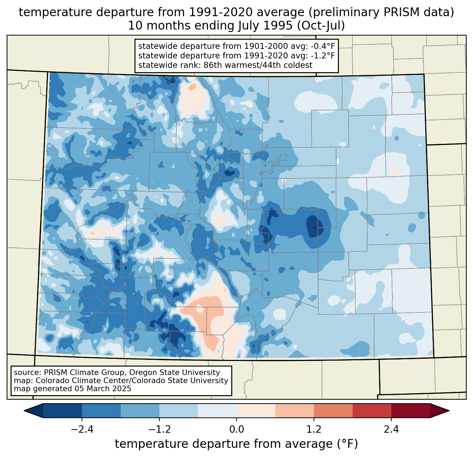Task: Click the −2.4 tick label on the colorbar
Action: point(82,430)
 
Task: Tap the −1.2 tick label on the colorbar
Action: point(159,430)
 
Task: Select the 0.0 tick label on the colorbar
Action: point(237,430)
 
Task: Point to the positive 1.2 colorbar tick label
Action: point(314,430)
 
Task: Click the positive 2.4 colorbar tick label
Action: point(391,430)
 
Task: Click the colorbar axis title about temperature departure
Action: point(237,444)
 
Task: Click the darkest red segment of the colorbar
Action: point(410,411)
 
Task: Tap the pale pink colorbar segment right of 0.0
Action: point(256,411)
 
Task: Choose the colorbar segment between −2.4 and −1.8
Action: point(101,411)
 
